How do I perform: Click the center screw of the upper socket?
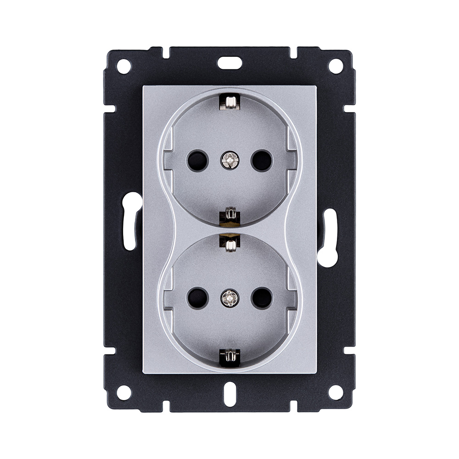(x=229, y=160)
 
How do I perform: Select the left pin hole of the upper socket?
(x=197, y=161)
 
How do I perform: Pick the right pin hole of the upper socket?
(x=262, y=161)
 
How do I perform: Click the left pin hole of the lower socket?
(x=197, y=298)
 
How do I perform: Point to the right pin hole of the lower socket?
(x=262, y=298)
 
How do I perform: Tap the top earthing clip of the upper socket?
(x=229, y=101)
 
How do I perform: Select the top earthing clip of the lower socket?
(x=229, y=242)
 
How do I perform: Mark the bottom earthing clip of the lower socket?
(x=229, y=357)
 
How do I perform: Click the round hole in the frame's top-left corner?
(x=123, y=66)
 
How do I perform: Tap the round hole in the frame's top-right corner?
(x=336, y=66)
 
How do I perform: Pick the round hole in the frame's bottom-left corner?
(x=123, y=392)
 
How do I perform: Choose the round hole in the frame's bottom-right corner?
(x=336, y=392)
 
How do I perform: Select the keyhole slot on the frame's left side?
(x=132, y=220)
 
